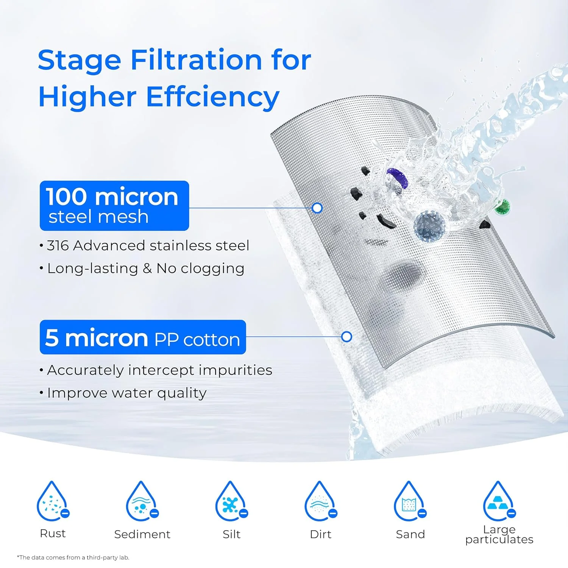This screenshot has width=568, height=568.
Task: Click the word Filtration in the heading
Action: point(196,61)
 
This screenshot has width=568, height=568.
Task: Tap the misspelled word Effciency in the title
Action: point(212,97)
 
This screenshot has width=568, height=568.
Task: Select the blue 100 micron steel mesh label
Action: point(114,206)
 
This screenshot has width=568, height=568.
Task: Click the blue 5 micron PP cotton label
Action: point(143,337)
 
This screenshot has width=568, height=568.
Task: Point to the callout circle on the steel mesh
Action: point(317,208)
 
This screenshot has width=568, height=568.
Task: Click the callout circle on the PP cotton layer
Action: point(346,337)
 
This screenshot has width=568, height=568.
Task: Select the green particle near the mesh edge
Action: point(503,207)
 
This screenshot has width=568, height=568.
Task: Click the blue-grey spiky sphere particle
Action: point(429,226)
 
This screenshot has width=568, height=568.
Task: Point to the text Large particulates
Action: point(499,534)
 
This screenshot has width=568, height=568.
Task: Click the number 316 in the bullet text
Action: point(58,246)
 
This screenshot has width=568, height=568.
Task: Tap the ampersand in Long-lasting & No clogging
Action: point(147,268)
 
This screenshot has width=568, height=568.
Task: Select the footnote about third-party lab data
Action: point(73,557)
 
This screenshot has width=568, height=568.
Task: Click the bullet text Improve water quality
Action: point(126,393)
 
